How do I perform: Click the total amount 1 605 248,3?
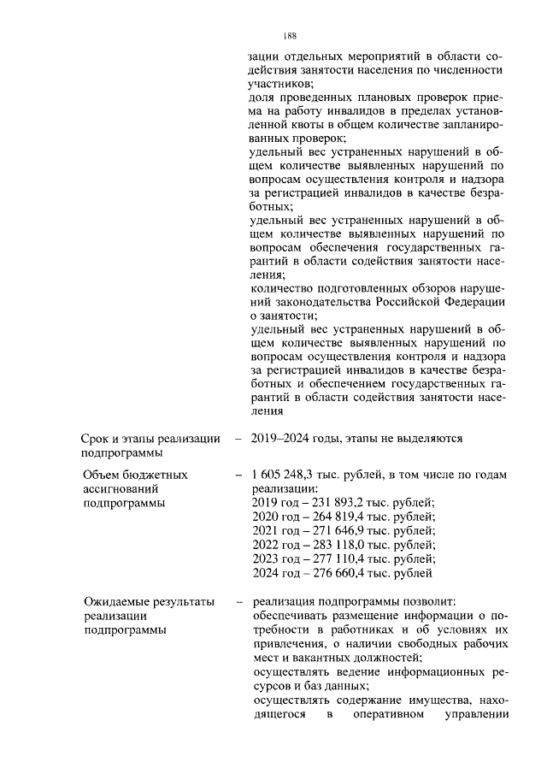(285, 474)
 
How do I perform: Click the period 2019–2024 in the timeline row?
(283, 439)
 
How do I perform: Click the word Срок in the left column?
(96, 439)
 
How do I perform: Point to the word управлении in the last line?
(478, 714)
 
